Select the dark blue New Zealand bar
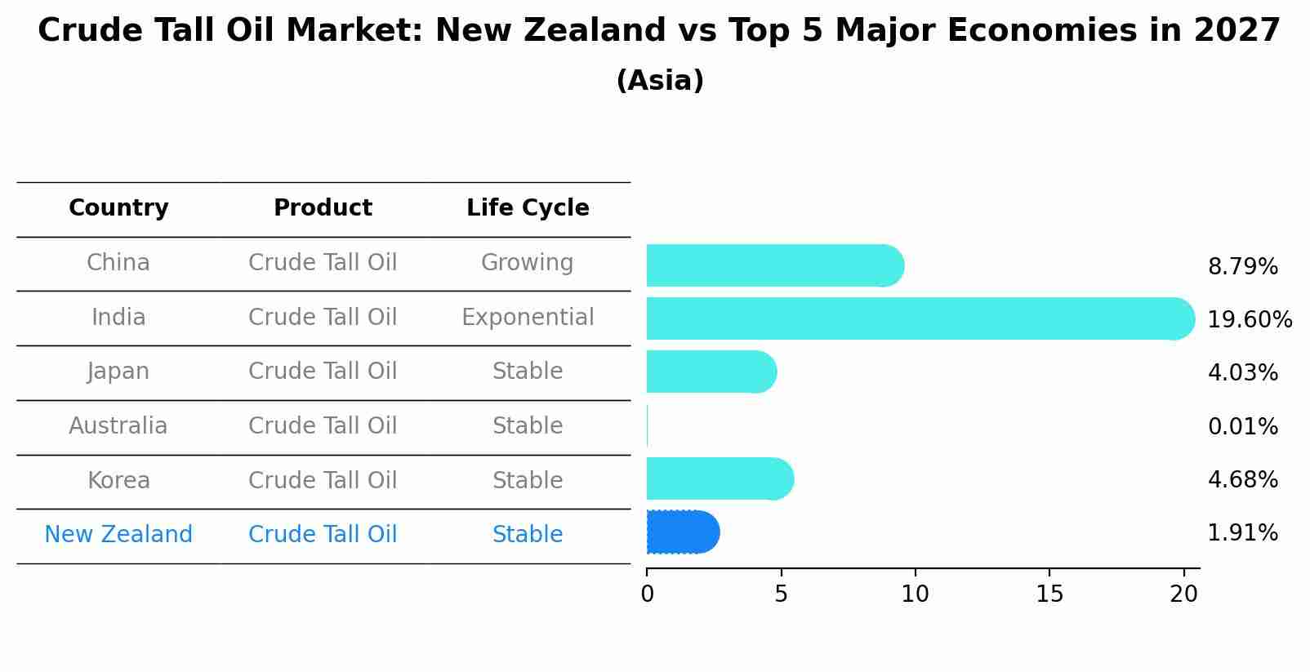tap(682, 532)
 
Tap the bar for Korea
tap(719, 478)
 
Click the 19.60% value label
tap(1250, 319)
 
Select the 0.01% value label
tap(1242, 426)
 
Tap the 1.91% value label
tap(1242, 533)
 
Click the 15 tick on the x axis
tap(1049, 594)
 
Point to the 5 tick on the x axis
tap(781, 594)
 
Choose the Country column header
tap(118, 208)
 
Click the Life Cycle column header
tap(528, 208)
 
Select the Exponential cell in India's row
tap(528, 317)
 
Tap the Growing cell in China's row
tap(527, 263)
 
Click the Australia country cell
tap(118, 426)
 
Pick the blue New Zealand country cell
tap(118, 535)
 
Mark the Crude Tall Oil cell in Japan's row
tap(323, 372)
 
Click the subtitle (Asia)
tap(660, 81)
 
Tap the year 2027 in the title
tap(1236, 31)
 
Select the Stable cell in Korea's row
tap(528, 480)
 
